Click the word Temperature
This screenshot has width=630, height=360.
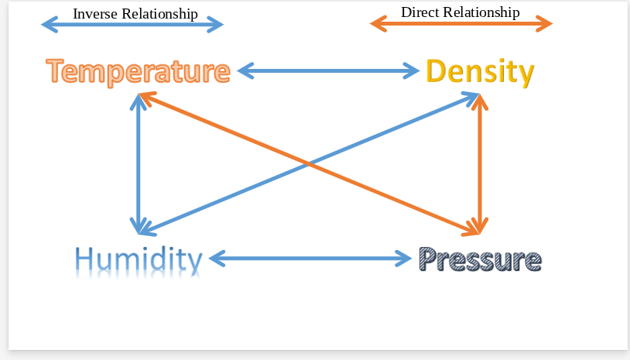tap(138, 71)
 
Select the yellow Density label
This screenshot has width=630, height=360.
tap(480, 72)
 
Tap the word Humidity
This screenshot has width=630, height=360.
tap(139, 259)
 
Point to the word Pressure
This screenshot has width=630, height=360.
tap(480, 259)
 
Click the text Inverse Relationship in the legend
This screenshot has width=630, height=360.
tap(135, 14)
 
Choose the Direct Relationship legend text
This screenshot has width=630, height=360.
tap(460, 12)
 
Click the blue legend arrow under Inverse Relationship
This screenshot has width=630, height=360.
tap(132, 25)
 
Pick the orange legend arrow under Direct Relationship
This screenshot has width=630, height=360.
tap(461, 24)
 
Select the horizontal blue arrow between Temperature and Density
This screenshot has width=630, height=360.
tap(328, 71)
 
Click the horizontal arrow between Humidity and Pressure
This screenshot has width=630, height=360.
tap(310, 258)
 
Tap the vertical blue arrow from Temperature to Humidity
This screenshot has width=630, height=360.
tap(139, 163)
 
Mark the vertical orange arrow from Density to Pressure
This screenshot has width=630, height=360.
tap(481, 163)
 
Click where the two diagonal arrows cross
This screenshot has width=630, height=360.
tap(310, 164)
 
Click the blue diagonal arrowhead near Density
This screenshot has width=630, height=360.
tap(471, 98)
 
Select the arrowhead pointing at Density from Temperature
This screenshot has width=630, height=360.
tap(412, 71)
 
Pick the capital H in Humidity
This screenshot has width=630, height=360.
tap(86, 259)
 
